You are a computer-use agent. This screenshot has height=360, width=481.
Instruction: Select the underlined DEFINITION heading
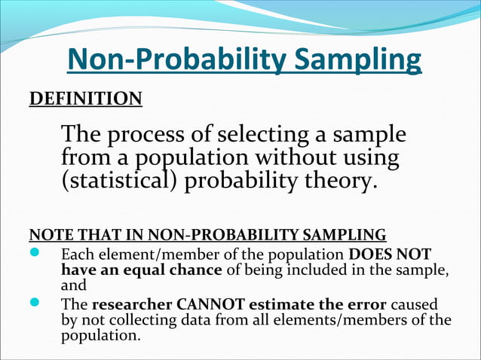click(84, 99)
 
